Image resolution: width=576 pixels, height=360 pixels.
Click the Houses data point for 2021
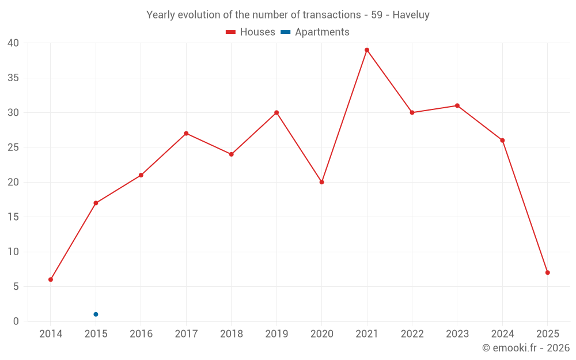point(367,50)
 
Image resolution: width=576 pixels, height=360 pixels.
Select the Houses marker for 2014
point(51,279)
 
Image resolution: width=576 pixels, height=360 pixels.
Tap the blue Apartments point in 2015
point(96,314)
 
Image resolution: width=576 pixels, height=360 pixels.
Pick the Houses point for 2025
point(547,272)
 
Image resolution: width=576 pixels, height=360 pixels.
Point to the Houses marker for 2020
point(321,182)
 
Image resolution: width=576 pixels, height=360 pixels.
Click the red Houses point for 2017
point(186,134)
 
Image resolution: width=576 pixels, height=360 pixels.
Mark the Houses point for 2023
point(457,105)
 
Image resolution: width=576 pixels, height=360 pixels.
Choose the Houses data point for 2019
point(276,113)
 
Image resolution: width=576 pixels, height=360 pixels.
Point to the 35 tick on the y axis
point(13,78)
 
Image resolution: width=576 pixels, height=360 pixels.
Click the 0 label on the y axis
point(16,321)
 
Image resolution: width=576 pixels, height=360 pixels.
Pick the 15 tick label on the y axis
point(13,217)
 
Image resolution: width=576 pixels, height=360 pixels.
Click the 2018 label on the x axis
point(231,334)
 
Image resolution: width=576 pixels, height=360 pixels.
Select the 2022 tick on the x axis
point(412,334)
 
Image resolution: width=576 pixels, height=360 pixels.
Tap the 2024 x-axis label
point(502,334)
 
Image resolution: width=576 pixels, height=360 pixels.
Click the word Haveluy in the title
point(411,15)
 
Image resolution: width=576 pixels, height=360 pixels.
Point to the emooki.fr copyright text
point(526,348)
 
